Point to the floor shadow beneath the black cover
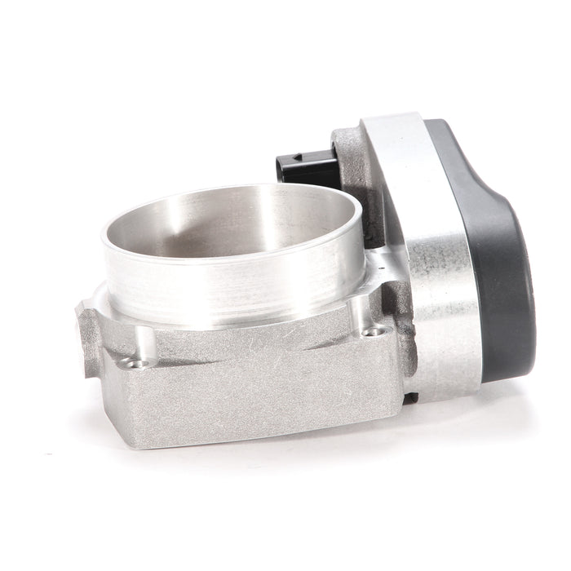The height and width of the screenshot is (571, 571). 506,392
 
